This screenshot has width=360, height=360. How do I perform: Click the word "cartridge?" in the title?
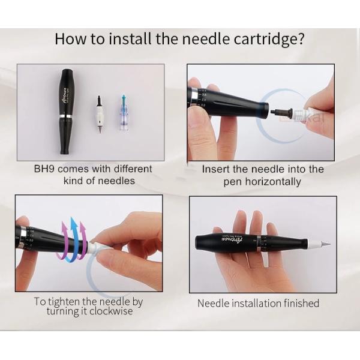pos(269,39)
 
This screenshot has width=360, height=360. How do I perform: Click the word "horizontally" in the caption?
pos(273,182)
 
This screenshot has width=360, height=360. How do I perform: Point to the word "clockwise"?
pos(111,311)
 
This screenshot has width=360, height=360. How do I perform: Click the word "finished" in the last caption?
pos(301,303)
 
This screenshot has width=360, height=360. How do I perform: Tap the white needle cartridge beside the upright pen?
pos(99,115)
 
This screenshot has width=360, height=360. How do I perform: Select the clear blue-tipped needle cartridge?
pos(124,113)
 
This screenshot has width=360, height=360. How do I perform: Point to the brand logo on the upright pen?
pos(65,95)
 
